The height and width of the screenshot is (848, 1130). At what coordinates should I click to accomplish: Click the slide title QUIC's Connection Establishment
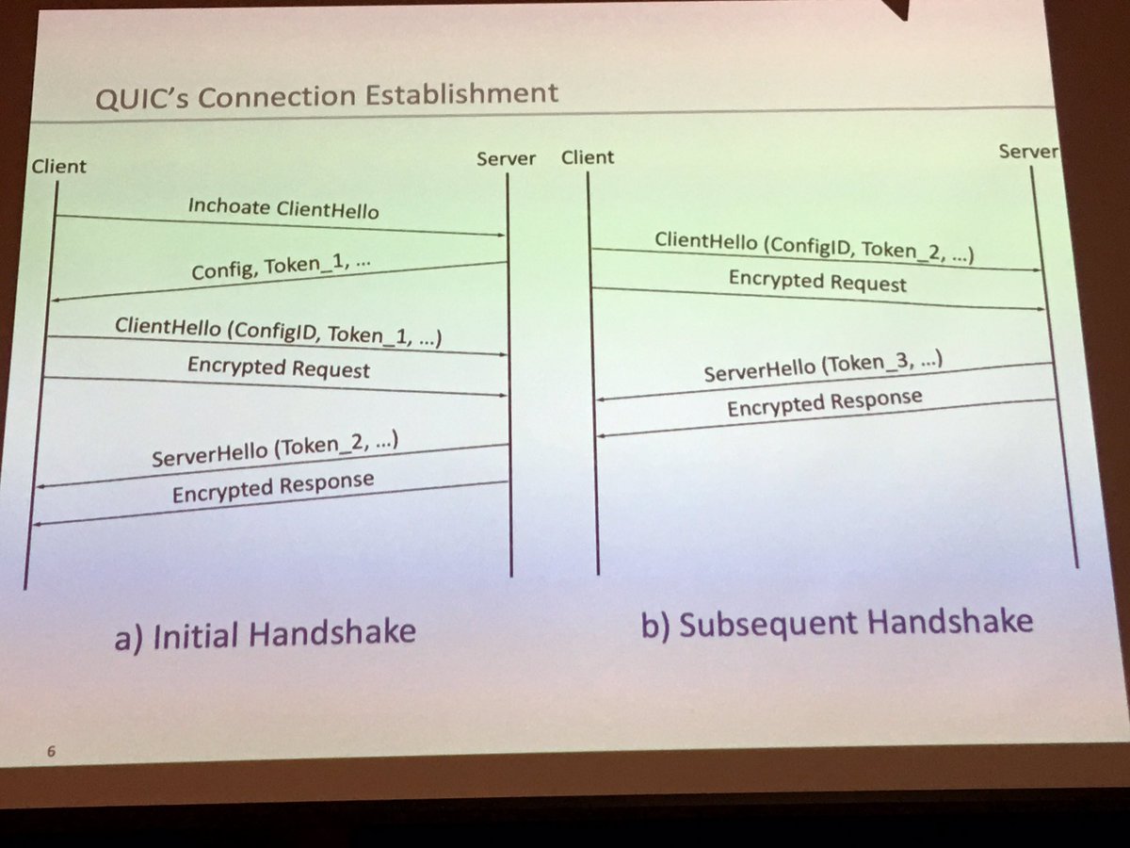tap(326, 95)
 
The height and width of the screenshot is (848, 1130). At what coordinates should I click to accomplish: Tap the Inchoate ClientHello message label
tap(283, 207)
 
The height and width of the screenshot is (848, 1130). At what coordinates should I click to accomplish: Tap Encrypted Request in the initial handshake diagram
tap(279, 367)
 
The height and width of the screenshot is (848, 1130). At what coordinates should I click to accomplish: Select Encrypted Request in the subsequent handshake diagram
tap(817, 282)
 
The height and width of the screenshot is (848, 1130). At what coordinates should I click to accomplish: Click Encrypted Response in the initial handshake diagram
tap(273, 488)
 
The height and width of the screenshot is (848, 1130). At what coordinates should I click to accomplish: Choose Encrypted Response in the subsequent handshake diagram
tap(824, 403)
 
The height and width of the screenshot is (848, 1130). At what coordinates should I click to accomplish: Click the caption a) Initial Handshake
tap(265, 633)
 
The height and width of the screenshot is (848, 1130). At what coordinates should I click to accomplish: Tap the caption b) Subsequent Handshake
tap(837, 624)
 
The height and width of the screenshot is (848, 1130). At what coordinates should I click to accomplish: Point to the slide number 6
tap(51, 752)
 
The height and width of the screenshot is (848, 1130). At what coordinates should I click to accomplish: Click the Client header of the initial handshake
tap(57, 167)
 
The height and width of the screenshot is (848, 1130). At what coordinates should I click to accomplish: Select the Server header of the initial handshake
tap(506, 158)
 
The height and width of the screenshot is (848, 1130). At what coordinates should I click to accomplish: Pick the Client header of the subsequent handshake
tap(588, 157)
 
